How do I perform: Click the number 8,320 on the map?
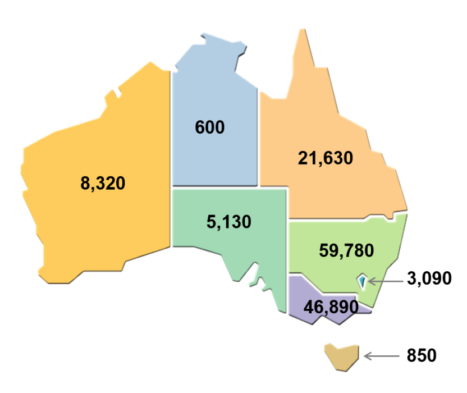[x=103, y=183]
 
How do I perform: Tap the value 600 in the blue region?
[x=209, y=127]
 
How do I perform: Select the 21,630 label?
[x=326, y=158]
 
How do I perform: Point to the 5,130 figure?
[x=229, y=222]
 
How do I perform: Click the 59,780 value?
[x=346, y=250]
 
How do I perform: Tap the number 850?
[x=422, y=355]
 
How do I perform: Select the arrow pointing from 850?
[x=381, y=355]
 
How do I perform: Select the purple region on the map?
[x=309, y=292]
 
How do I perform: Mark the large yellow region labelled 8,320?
[x=84, y=225]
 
